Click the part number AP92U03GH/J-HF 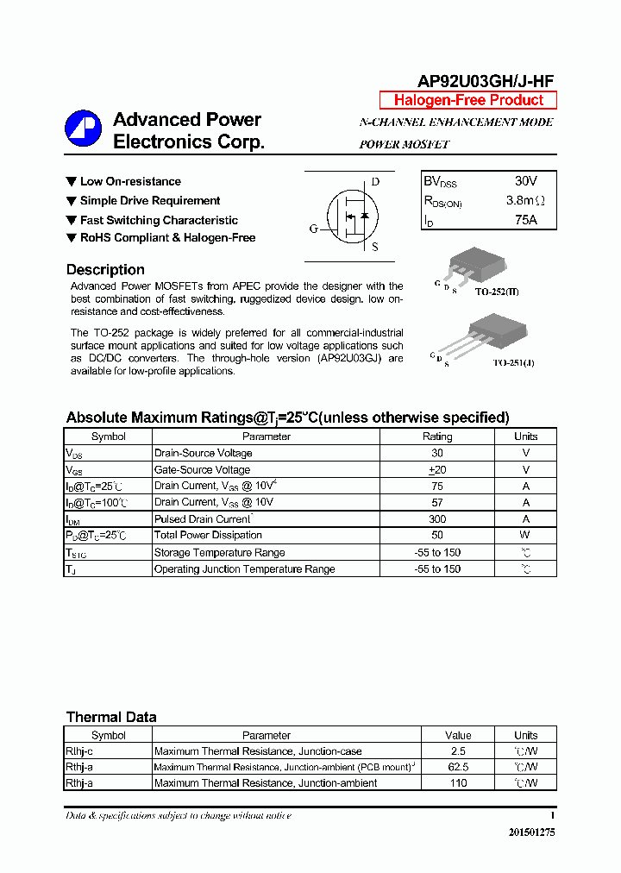point(486,81)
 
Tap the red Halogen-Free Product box point(468,100)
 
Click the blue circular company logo point(83,129)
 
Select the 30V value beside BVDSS point(525,181)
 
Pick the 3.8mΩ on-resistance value point(525,201)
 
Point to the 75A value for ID point(525,220)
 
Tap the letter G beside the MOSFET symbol point(313,229)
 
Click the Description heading point(105,270)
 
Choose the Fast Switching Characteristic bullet point(159,220)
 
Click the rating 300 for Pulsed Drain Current point(437,519)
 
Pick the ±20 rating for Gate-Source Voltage point(437,469)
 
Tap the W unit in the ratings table point(525,535)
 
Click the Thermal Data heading point(111,717)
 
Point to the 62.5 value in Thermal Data point(458,767)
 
